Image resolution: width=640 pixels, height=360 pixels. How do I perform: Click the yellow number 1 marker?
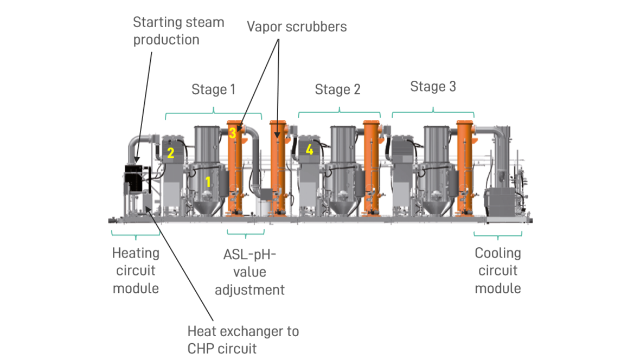click(208, 182)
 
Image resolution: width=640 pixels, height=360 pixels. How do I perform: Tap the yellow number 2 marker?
click(170, 153)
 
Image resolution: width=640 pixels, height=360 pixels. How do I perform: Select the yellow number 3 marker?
click(232, 133)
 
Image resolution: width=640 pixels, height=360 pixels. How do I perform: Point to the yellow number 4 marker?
click(309, 150)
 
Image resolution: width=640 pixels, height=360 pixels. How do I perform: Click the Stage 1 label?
click(213, 89)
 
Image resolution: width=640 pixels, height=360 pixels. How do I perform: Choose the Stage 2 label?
click(337, 89)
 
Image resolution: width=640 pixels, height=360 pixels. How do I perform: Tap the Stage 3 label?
click(433, 87)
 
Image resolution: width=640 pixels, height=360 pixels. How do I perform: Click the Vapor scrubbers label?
click(297, 26)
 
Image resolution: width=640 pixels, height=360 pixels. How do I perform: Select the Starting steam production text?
click(178, 31)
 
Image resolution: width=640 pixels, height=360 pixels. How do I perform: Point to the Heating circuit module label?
click(136, 271)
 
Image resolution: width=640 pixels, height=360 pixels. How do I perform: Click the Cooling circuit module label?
click(498, 271)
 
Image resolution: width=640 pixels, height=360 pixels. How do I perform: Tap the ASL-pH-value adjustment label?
click(249, 272)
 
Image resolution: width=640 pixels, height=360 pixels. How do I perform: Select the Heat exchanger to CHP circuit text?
click(243, 339)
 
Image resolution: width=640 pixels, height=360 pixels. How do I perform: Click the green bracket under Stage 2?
click(339, 114)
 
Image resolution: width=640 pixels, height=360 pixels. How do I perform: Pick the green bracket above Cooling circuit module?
click(498, 234)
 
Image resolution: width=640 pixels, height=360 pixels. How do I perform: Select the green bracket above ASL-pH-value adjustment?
click(246, 234)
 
